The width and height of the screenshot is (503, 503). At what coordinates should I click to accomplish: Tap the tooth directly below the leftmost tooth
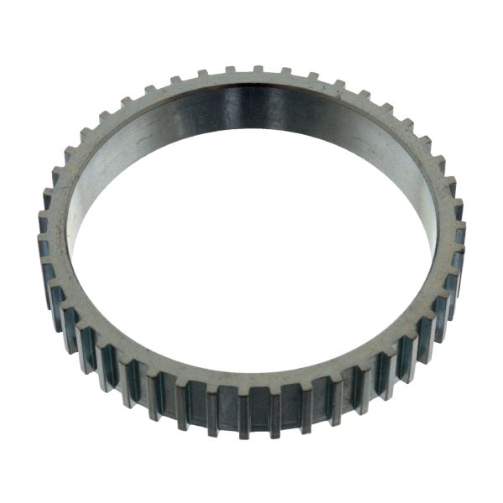47,272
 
